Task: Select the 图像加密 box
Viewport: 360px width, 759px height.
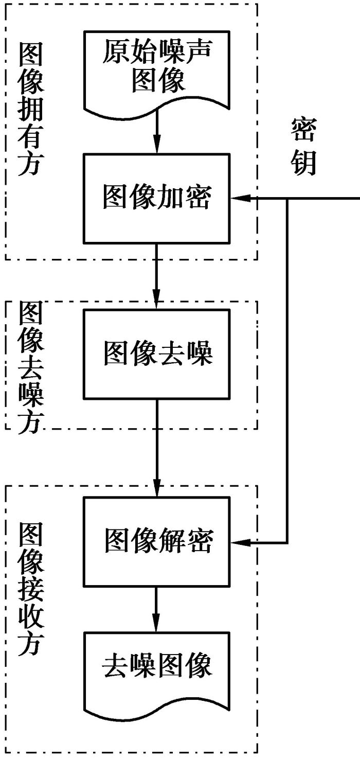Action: [x=157, y=198]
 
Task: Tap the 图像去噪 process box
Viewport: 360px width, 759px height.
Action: [x=157, y=354]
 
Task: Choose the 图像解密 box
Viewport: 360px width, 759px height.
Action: [x=157, y=541]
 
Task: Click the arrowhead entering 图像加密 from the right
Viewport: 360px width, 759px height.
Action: [x=238, y=198]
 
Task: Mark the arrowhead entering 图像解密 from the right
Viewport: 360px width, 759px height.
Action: [x=238, y=542]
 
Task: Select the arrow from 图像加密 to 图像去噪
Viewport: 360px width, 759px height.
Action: [x=157, y=275]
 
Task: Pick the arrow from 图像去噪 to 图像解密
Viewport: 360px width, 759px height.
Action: [x=157, y=448]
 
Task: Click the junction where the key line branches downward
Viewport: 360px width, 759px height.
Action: [x=287, y=198]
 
